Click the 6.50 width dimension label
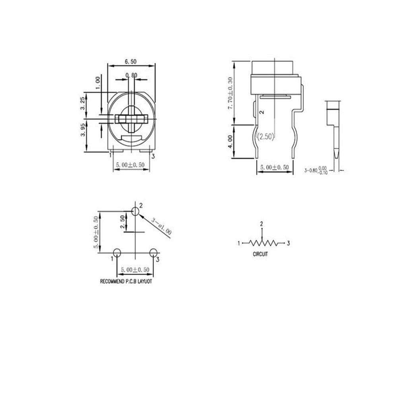131,62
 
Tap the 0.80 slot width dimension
131,75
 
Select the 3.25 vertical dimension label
82,104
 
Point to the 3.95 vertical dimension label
82,129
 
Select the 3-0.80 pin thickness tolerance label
318,171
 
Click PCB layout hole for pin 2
136,211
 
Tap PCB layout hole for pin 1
117,252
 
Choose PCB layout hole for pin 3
153,252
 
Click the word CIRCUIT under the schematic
260,254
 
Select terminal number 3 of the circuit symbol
288,243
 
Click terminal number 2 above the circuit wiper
262,224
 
